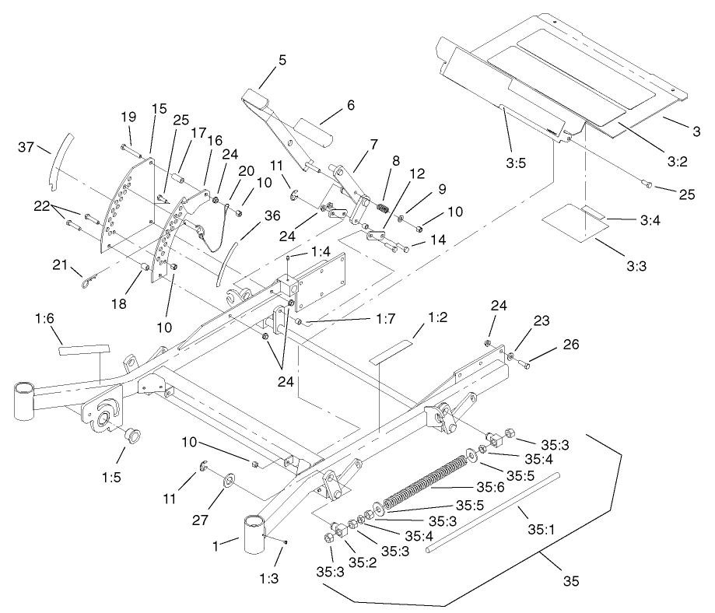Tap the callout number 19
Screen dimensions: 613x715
click(x=128, y=117)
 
